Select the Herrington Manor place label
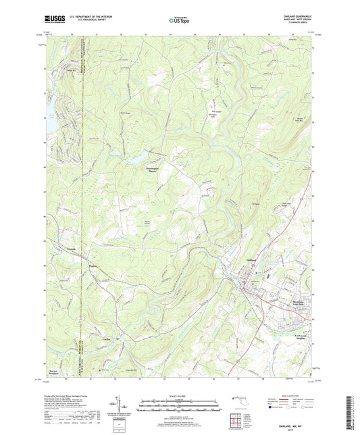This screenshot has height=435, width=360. [x=155, y=170]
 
